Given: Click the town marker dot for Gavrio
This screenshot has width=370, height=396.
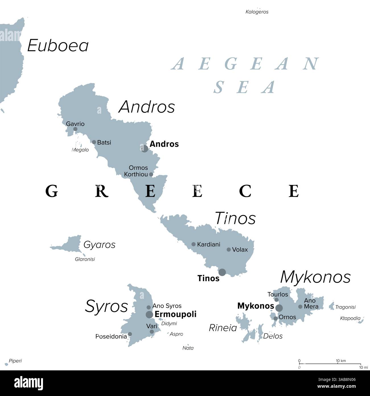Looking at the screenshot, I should click(75, 129).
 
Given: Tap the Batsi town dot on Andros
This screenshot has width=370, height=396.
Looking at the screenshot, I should click(94, 142).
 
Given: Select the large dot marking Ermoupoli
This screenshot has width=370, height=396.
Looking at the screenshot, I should click(149, 315).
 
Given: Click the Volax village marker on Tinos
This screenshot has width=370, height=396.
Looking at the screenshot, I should click(229, 250).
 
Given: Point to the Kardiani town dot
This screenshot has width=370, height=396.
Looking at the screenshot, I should click(194, 244).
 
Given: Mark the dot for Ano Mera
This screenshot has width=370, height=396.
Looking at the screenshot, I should click(300, 307).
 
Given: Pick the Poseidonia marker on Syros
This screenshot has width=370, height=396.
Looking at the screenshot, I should click(130, 334).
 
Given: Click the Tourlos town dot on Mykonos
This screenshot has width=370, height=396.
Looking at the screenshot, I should click(276, 300).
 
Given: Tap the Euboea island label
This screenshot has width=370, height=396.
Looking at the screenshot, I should click(58, 46).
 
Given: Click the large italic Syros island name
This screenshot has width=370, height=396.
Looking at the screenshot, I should click(106, 307).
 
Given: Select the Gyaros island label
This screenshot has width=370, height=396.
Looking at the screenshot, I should click(99, 245).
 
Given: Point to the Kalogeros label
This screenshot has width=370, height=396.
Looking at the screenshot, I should click(257, 12).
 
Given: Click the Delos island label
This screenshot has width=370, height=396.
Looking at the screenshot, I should click(273, 336).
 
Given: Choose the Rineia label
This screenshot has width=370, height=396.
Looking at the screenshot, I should click(223, 328).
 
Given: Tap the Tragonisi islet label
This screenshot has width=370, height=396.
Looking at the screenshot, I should click(345, 307).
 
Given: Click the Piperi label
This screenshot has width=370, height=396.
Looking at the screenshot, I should click(15, 361).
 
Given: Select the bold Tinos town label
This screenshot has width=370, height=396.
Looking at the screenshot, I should click(208, 278).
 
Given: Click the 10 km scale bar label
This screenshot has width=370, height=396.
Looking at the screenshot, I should click(341, 361).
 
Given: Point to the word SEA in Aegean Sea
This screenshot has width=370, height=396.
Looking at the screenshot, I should click(245, 87).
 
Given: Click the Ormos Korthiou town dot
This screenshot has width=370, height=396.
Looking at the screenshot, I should click(151, 174).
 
